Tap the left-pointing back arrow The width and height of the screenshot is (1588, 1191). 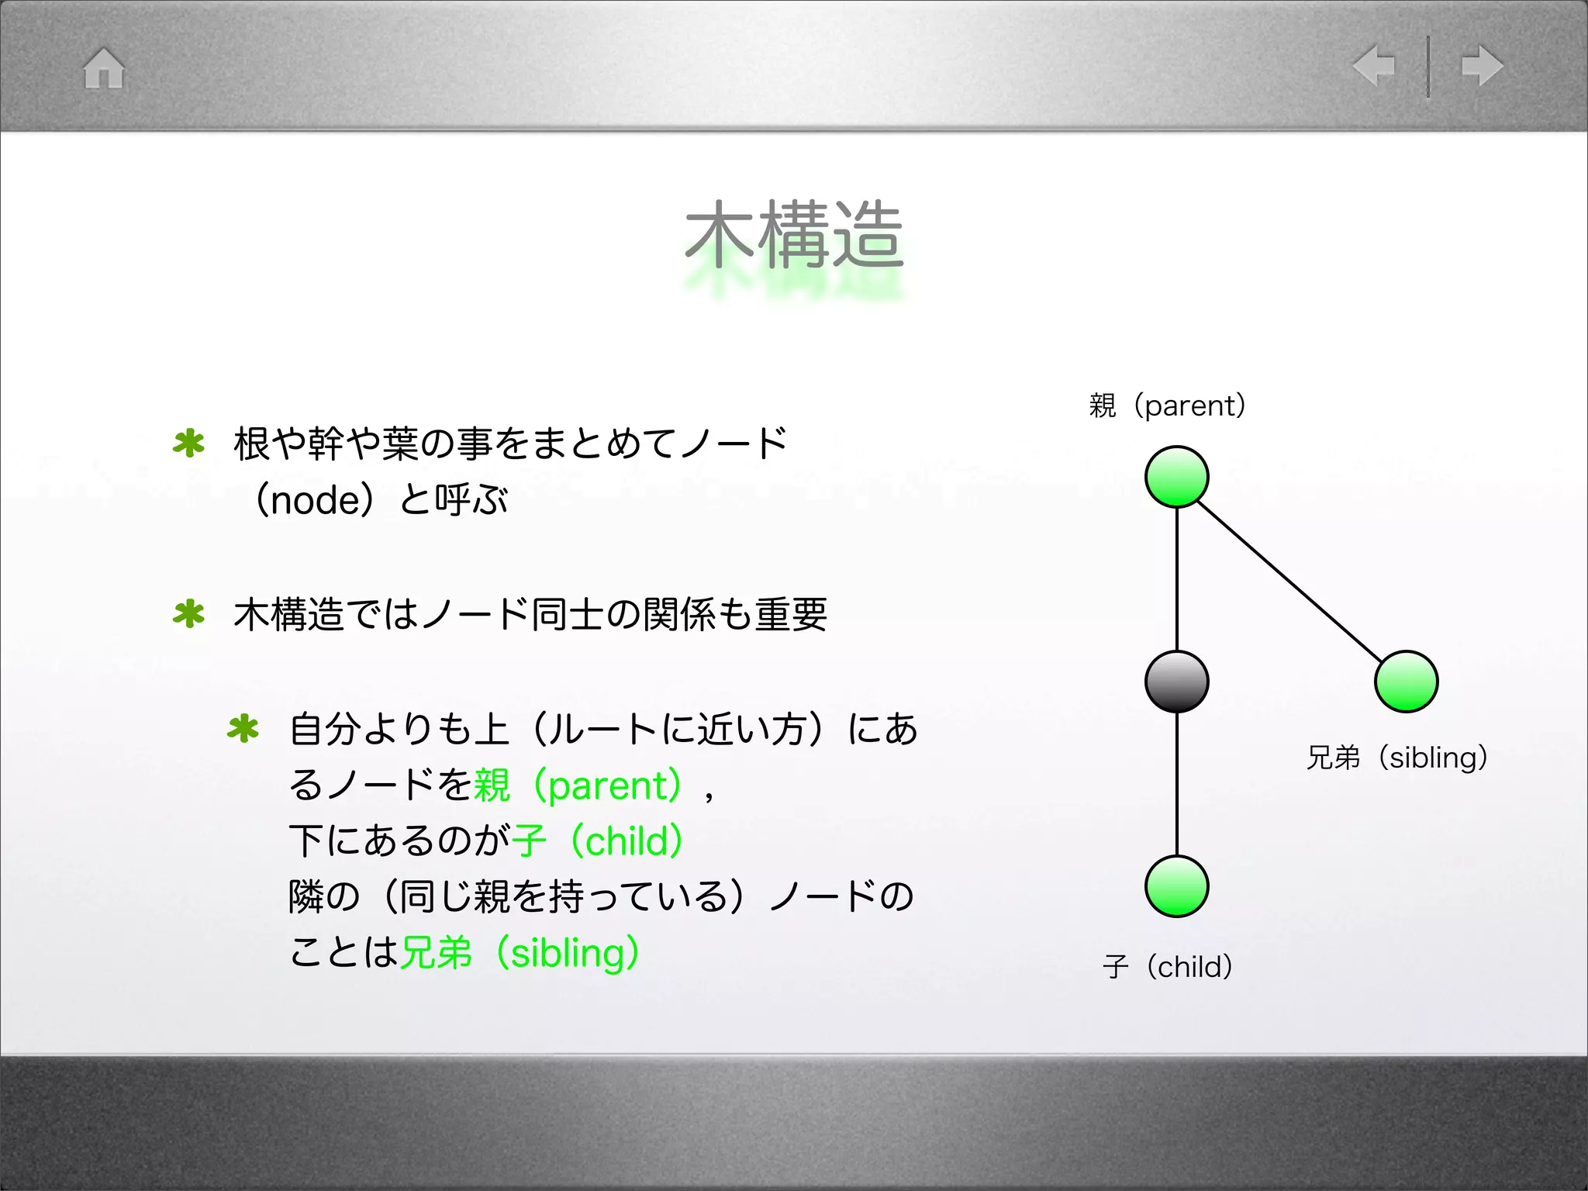click(1373, 65)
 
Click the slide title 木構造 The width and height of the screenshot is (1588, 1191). click(794, 234)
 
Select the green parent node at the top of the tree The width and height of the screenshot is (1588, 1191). click(1176, 477)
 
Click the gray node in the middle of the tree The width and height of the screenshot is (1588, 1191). click(1176, 682)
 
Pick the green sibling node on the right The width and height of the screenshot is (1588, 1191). click(1406, 682)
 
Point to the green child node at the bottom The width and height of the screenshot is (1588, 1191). click(1176, 886)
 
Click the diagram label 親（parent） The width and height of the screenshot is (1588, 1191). click(1167, 406)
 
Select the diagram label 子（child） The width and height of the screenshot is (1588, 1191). click(1167, 967)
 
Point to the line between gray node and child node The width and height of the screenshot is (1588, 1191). click(1177, 783)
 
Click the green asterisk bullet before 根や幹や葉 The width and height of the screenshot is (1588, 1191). click(188, 444)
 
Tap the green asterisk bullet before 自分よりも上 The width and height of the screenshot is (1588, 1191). click(243, 729)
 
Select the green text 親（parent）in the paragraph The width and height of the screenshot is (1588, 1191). click(578, 785)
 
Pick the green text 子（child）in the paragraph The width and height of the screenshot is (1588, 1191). click(597, 841)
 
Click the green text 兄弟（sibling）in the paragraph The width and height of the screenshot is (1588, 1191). click(520, 953)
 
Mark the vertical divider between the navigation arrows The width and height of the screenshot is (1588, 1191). click(1427, 66)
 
